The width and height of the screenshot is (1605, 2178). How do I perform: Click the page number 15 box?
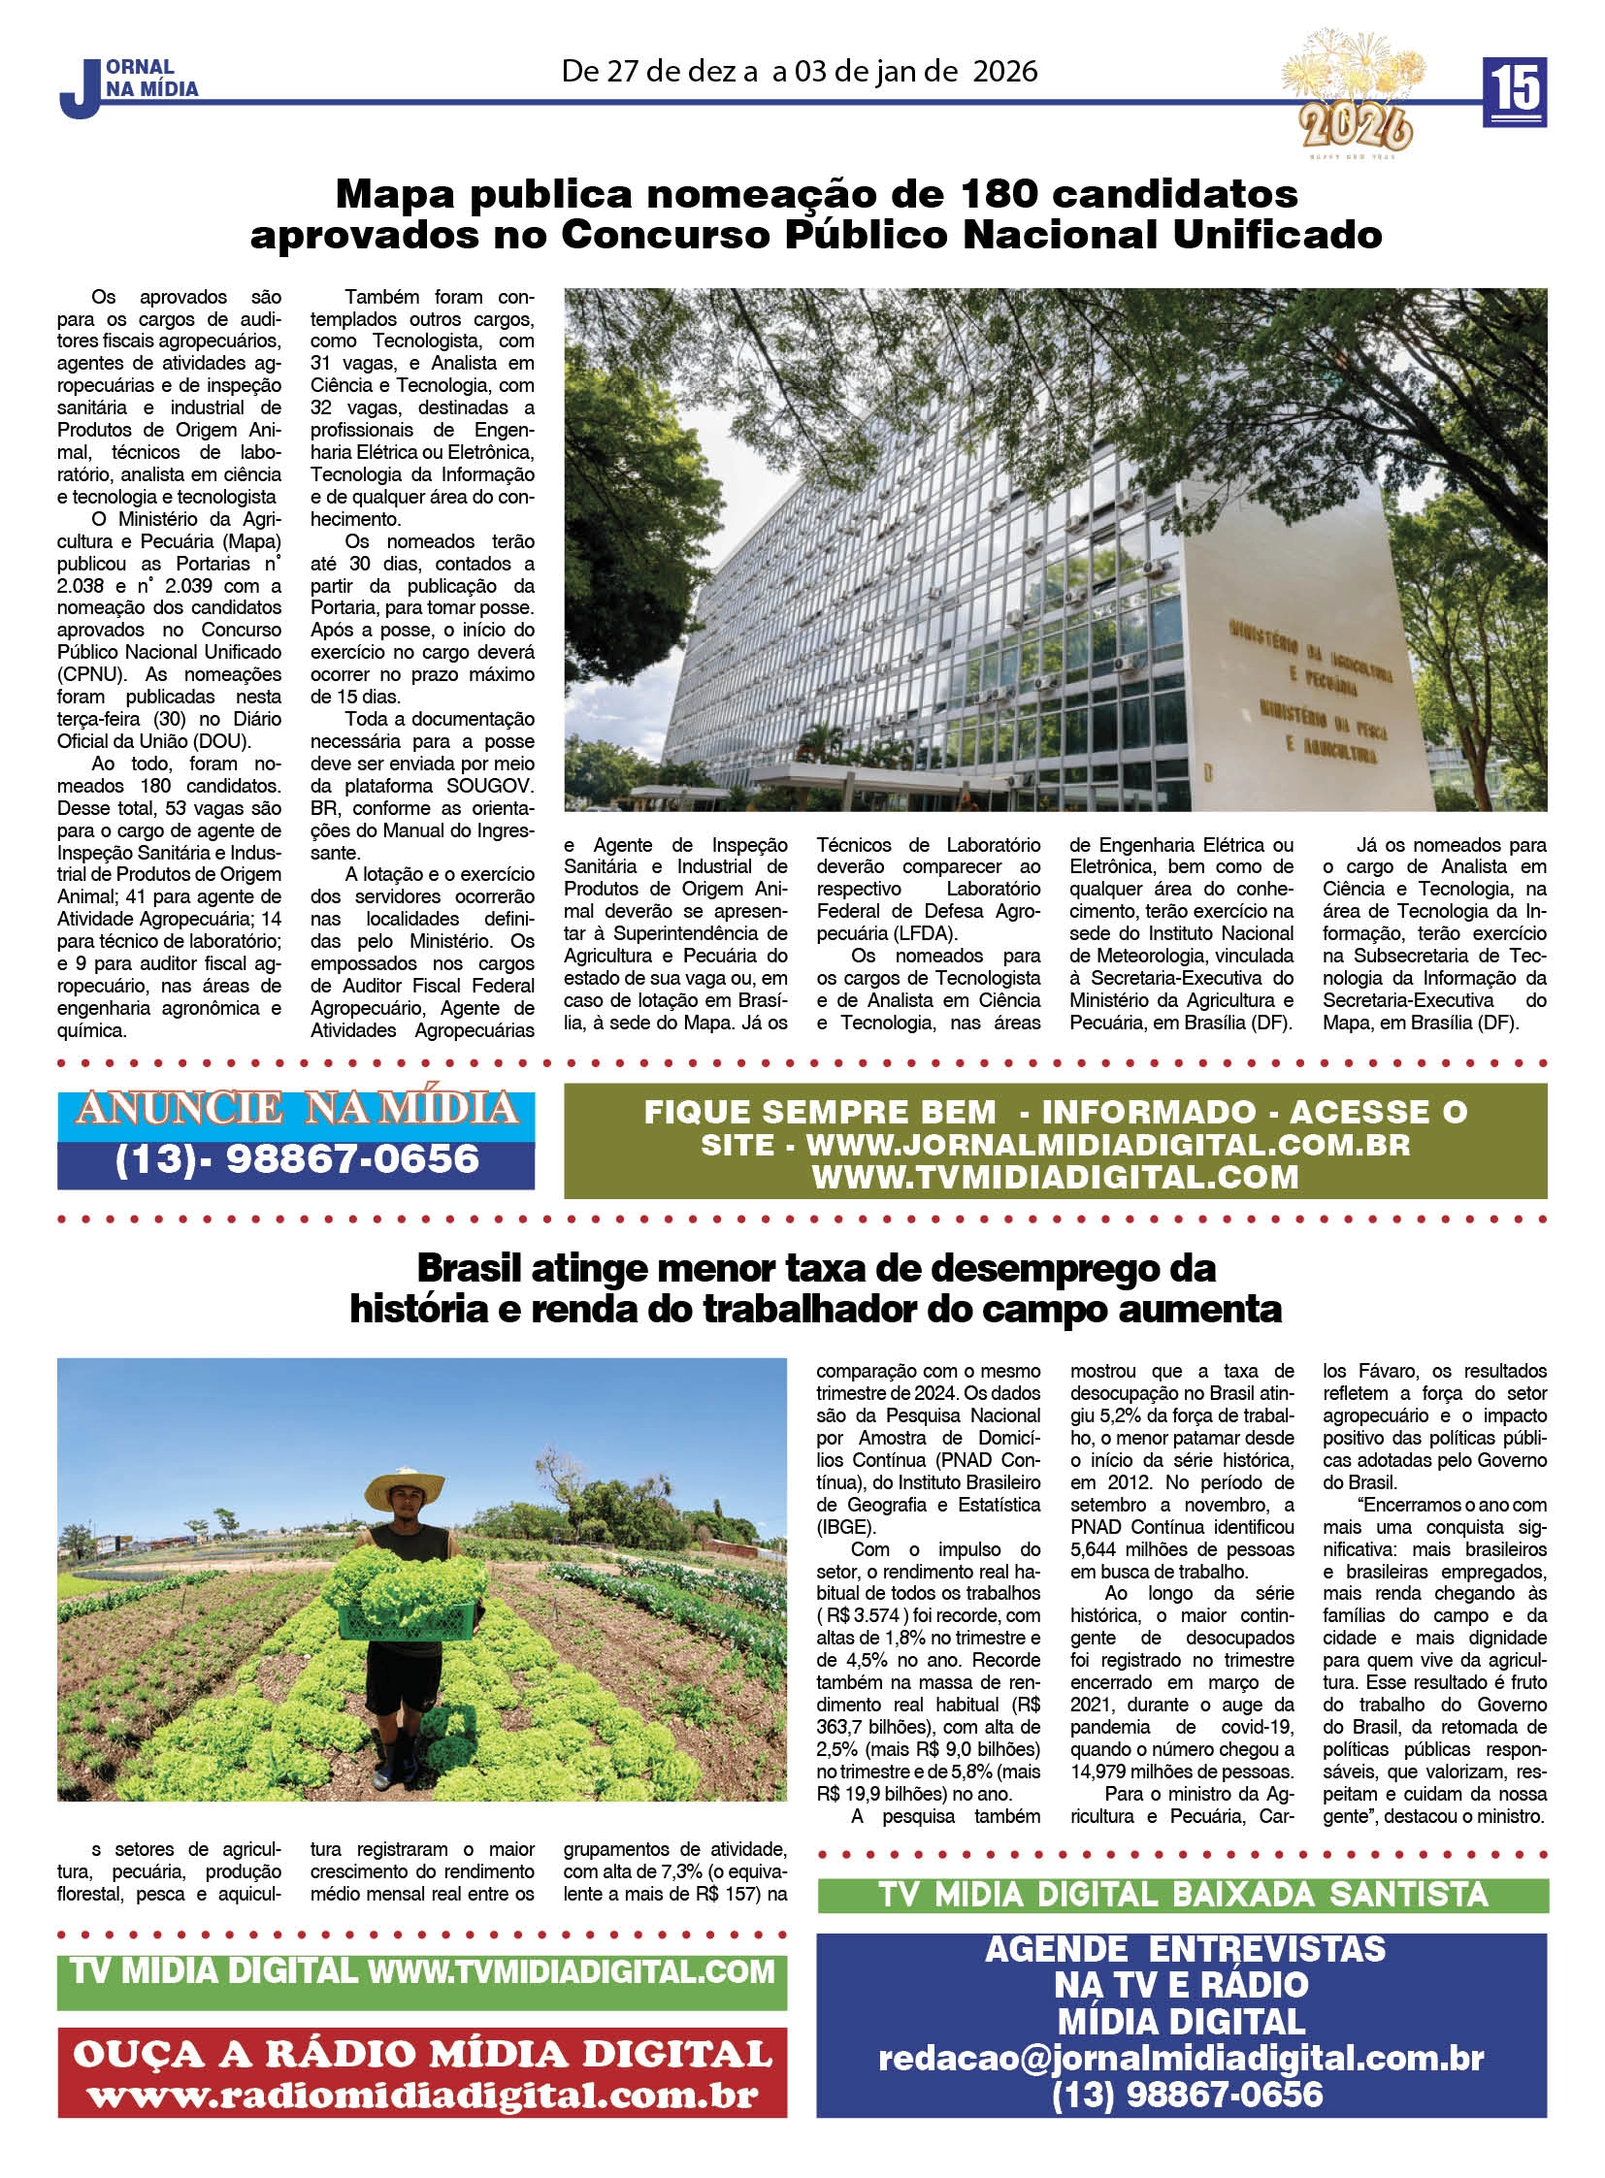point(1514,91)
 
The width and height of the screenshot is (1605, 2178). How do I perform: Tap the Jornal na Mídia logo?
point(129,85)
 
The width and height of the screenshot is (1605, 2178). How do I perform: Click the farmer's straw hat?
point(405,1487)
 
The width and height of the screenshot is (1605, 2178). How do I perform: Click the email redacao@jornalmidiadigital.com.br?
point(1180,2057)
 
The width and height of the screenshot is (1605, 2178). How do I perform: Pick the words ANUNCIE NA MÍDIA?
point(296,1109)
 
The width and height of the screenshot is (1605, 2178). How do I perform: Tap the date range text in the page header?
point(799,71)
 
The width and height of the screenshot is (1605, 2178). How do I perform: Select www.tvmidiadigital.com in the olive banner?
point(1055,1177)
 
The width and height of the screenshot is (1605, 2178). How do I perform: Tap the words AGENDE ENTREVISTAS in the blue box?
point(1184,1948)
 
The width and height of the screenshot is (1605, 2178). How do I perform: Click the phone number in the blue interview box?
point(1185,2093)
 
